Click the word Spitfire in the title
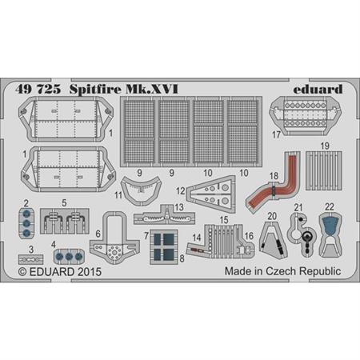tap(95, 90)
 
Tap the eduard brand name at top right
tap(318, 89)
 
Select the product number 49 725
tap(38, 89)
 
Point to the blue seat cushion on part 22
tap(330, 225)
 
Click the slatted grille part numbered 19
tap(323, 170)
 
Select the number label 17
tap(276, 134)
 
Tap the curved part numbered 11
tap(141, 190)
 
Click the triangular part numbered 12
tap(211, 194)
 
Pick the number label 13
tap(179, 207)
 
